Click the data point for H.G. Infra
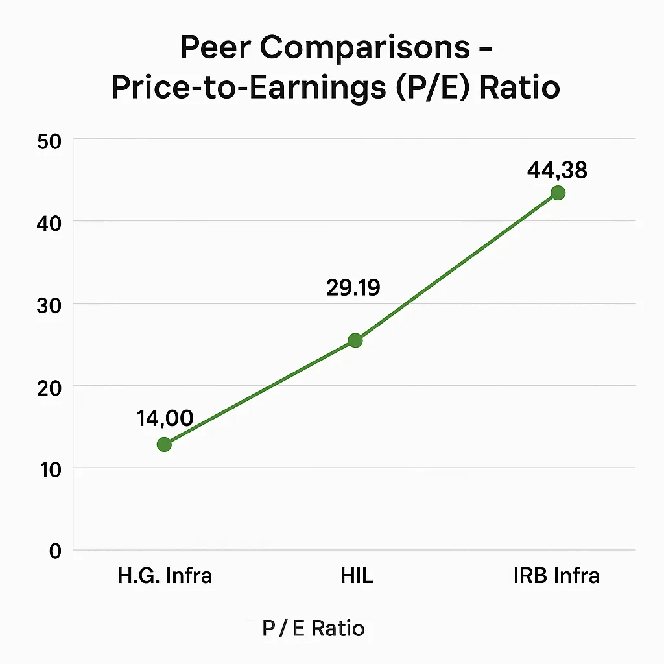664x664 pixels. pos(164,444)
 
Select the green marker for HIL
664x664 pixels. pos(355,340)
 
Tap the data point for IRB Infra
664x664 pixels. pos(558,193)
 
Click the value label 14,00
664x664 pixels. pos(165,418)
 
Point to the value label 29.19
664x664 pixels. pos(353,288)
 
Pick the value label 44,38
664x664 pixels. pos(557,171)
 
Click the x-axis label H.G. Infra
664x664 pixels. pos(165,575)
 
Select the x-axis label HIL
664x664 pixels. pos(357,575)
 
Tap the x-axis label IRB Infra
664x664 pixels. pos(556,575)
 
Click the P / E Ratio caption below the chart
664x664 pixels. pos(313,628)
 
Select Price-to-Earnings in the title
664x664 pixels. pos(245,88)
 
